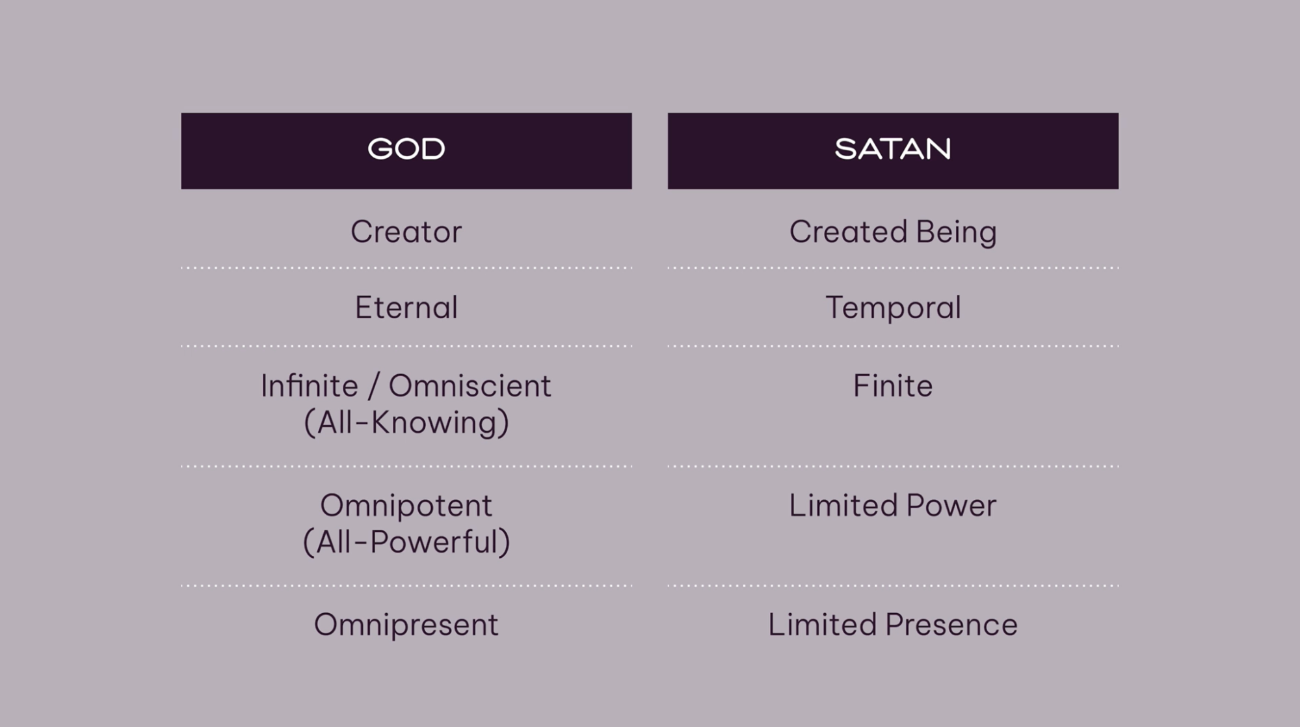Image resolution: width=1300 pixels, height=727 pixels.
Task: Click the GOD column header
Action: tap(406, 150)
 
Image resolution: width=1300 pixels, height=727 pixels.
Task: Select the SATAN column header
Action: tap(892, 150)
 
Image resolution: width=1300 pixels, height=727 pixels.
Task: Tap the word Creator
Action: tap(406, 232)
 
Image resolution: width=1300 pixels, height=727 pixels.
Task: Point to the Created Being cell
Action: tap(892, 232)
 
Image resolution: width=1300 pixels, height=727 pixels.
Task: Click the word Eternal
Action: tap(406, 307)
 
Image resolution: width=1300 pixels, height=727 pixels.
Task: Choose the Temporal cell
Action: tap(892, 307)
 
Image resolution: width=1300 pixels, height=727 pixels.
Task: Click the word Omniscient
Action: tap(470, 386)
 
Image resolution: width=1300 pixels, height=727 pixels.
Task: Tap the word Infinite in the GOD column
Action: tap(310, 386)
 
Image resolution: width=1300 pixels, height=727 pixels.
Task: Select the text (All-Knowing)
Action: tap(406, 422)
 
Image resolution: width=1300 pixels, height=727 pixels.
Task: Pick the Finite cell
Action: tap(892, 386)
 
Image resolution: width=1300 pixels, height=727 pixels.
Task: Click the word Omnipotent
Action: tap(406, 506)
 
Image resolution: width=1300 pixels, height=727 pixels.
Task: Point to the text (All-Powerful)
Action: tap(406, 542)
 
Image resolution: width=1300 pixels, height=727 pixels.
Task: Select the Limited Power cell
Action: tap(892, 506)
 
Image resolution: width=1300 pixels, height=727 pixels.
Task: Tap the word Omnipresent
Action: tap(406, 625)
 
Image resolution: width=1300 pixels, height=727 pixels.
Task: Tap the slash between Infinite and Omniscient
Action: tap(373, 386)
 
